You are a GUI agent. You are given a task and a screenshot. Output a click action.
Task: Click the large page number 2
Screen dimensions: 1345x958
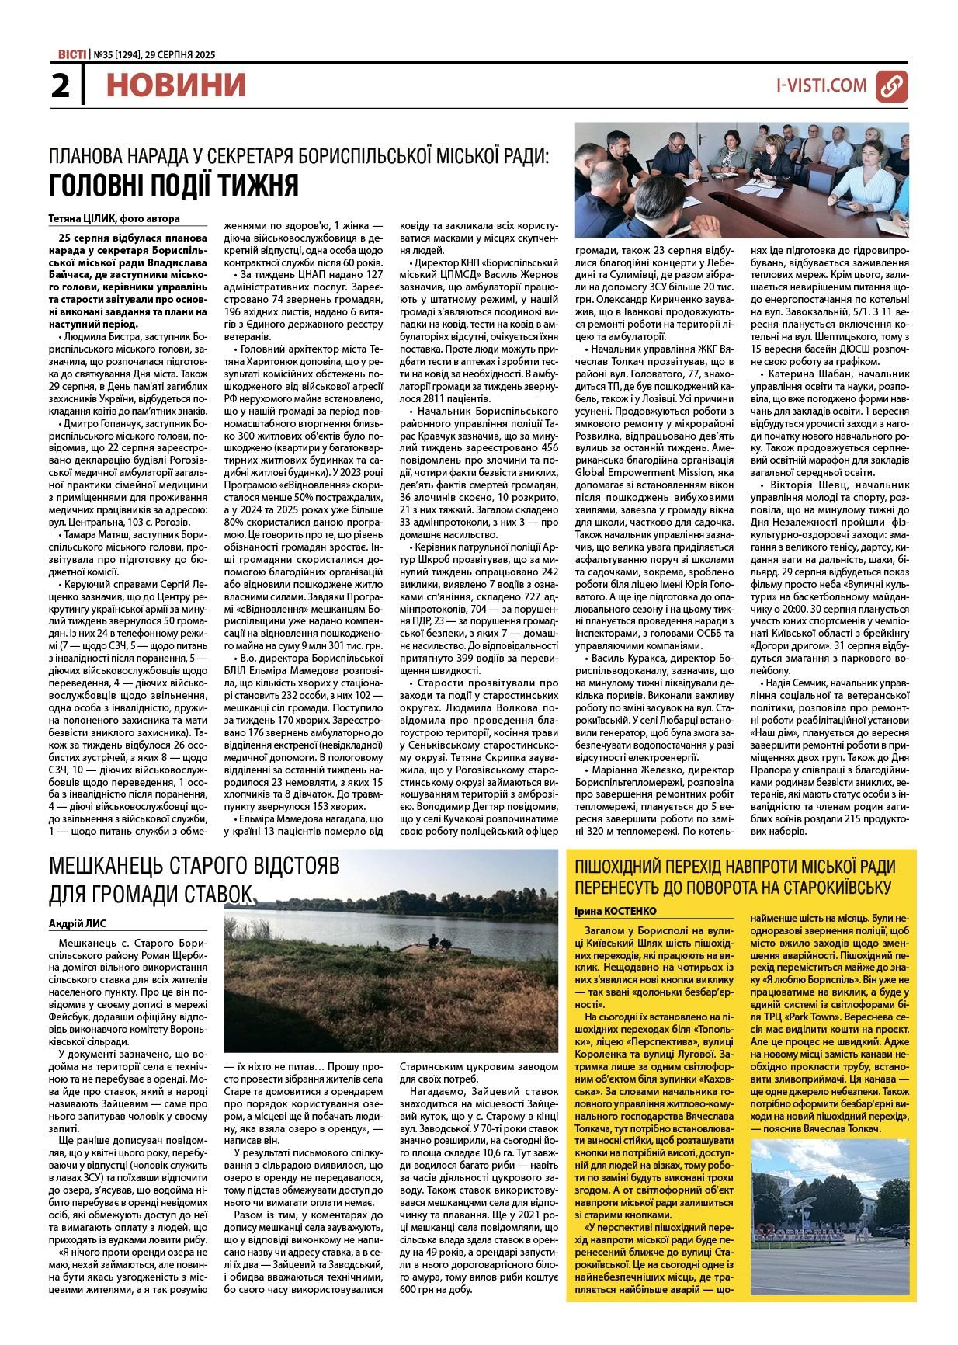[60, 85]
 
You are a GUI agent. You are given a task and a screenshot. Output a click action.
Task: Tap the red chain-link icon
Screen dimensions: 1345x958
[891, 85]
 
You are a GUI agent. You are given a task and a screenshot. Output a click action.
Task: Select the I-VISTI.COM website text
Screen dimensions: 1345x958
[821, 85]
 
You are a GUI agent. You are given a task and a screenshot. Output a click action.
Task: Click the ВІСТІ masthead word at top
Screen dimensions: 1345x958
[72, 54]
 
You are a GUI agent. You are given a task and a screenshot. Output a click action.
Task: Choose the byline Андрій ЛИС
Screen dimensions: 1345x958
[78, 923]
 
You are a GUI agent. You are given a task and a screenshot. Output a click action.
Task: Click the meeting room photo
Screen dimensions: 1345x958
[741, 179]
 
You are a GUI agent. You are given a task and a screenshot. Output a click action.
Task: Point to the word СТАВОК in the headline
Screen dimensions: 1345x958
[216, 895]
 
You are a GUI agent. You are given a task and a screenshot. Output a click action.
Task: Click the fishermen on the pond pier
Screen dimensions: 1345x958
[439, 942]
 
